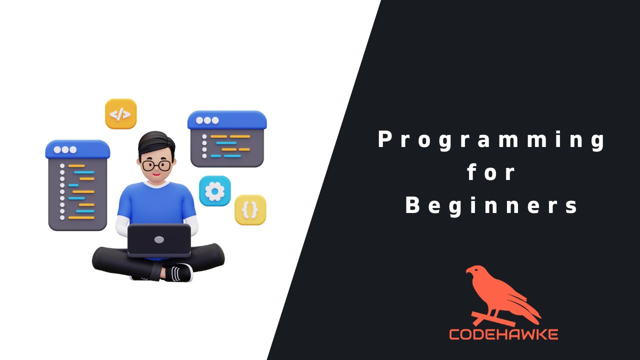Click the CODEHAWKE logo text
pos(503,334)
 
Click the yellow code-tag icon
pos(120,113)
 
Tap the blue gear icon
pos(215,191)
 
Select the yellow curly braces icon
pos(250,210)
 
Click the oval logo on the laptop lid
pos(159,239)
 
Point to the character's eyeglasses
pos(156,165)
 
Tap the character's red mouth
pos(156,174)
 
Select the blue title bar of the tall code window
pos(77,149)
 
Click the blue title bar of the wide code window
pos(227,120)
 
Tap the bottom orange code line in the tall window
pos(81,217)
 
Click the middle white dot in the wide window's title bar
pos(207,120)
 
